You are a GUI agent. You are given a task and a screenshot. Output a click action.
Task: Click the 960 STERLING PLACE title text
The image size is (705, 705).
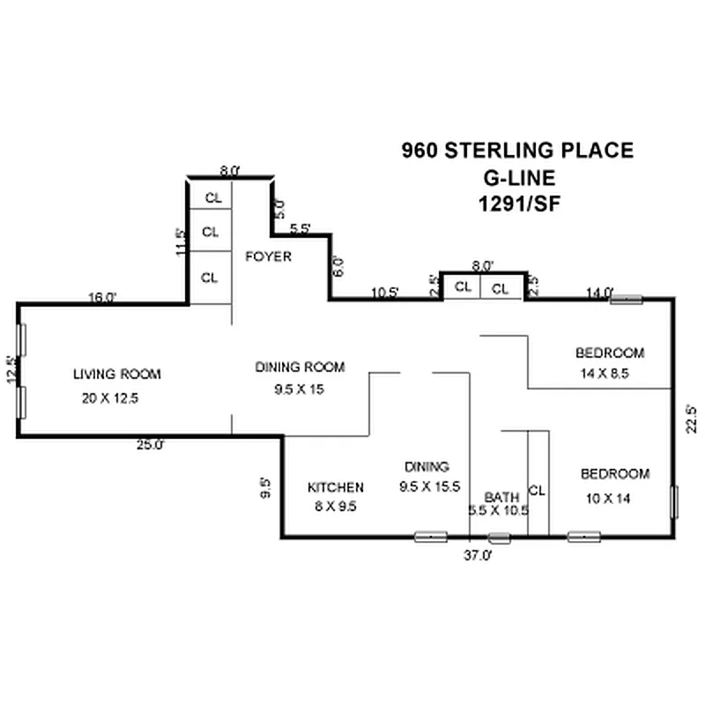pyautogui.click(x=517, y=150)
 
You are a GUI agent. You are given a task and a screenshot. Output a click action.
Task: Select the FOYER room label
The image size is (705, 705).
pyautogui.click(x=268, y=257)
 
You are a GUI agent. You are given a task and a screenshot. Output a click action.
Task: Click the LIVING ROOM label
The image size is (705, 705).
pyautogui.click(x=117, y=375)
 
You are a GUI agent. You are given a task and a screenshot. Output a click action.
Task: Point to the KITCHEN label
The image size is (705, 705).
pyautogui.click(x=335, y=487)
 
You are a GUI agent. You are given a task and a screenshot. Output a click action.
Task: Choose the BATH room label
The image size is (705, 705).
pyautogui.click(x=501, y=496)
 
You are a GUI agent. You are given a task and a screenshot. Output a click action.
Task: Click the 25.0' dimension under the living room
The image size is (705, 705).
pyautogui.click(x=150, y=446)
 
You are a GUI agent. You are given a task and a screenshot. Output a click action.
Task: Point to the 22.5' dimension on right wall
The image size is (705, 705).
pyautogui.click(x=693, y=419)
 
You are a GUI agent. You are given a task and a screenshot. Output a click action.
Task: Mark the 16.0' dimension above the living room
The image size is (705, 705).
pyautogui.click(x=102, y=298)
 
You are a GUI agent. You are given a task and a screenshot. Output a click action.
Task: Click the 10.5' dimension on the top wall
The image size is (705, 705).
pyautogui.click(x=384, y=293)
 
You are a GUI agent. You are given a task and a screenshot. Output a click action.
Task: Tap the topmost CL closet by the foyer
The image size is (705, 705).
pyautogui.click(x=212, y=197)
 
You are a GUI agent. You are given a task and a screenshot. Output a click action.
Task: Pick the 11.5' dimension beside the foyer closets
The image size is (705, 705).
pyautogui.click(x=181, y=242)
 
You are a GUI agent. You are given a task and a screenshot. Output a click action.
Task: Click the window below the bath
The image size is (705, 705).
pyautogui.click(x=500, y=537)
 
